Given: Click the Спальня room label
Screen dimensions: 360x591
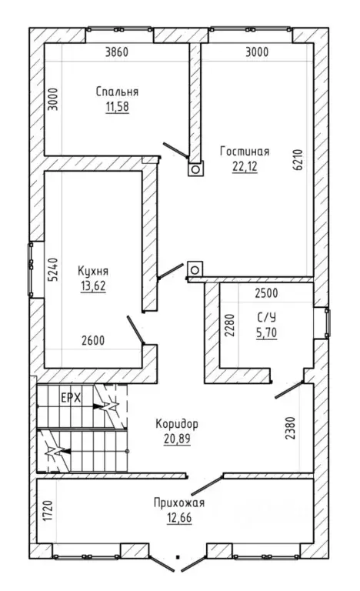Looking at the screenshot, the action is [117, 92].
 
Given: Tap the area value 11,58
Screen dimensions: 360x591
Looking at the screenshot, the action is [117, 107].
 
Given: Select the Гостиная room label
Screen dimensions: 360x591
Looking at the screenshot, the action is [245, 151].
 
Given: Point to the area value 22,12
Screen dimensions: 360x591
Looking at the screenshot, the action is [245, 166].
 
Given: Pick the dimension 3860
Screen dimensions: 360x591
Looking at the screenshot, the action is [116, 52].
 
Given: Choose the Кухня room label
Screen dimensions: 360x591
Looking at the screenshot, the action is [93, 272].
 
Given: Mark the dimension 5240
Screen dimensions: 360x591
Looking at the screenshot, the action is [53, 269].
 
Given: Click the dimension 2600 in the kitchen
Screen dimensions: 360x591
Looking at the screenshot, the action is [93, 340].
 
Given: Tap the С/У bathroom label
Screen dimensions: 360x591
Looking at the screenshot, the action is [266, 317].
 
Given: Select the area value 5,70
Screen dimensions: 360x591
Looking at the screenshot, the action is [266, 332].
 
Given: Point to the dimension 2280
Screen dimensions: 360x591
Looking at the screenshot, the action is [229, 326].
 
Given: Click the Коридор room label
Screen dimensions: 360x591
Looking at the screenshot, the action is [177, 424].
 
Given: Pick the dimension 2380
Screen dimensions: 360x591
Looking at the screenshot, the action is [290, 428].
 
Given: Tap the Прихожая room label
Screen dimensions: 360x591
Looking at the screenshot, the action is [179, 503].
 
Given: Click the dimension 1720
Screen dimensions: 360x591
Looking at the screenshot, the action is [48, 511].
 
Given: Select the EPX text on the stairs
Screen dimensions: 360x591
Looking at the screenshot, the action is [71, 398].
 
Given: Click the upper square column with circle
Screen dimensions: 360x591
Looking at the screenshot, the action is [195, 169].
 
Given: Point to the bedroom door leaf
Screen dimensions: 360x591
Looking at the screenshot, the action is [175, 150].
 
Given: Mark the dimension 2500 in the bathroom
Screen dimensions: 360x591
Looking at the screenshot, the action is [266, 293].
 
